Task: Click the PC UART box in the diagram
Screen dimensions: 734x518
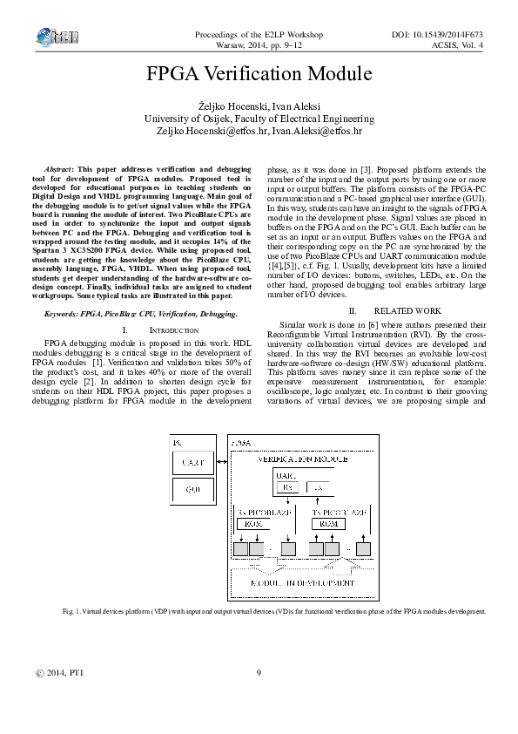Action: (193, 463)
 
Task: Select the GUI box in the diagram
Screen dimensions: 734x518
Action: (193, 491)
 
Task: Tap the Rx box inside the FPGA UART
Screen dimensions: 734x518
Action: (279, 486)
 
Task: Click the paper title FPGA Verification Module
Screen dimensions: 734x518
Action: (259, 74)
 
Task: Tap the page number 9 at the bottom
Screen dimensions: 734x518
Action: (259, 697)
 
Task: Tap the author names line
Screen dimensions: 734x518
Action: (259, 105)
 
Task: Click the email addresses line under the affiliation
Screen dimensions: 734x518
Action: (259, 131)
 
